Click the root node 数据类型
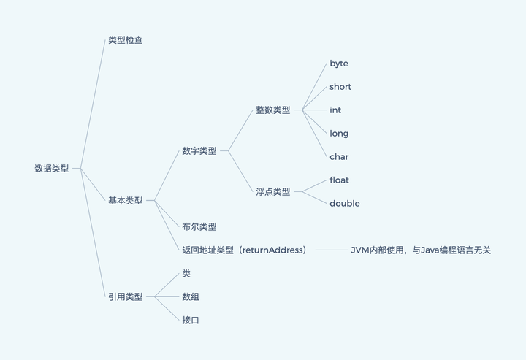click(x=51, y=168)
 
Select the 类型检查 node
click(x=125, y=40)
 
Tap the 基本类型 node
click(x=125, y=200)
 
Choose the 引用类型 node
click(x=125, y=296)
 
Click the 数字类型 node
click(x=199, y=151)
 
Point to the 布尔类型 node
click(x=199, y=227)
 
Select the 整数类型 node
click(x=272, y=110)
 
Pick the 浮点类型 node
click(x=272, y=192)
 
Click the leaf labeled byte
click(x=339, y=64)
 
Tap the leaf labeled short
click(x=340, y=87)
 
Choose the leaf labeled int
click(x=335, y=110)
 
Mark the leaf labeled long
click(x=339, y=134)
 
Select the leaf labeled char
click(x=339, y=157)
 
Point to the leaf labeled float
click(x=340, y=180)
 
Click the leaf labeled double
click(x=344, y=204)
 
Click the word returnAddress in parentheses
click(x=271, y=250)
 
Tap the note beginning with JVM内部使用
click(x=421, y=250)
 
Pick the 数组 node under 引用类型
click(x=191, y=296)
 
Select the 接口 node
click(x=191, y=320)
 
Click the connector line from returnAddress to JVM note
click(x=332, y=250)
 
